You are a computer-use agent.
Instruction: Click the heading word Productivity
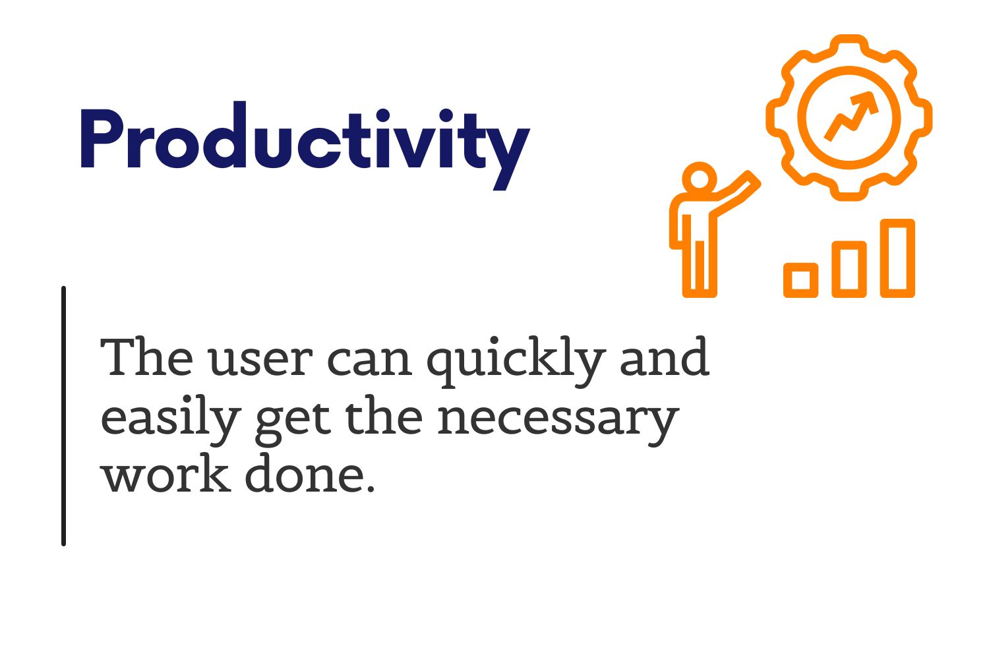tap(305, 146)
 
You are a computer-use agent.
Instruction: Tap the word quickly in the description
tap(516, 362)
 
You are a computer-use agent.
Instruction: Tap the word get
tap(293, 423)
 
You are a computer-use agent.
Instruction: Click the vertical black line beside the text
tap(63, 416)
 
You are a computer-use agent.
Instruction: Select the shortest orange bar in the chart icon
tap(801, 280)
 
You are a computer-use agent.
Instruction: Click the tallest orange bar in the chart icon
tap(897, 258)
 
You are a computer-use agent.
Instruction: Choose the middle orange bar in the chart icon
tap(849, 270)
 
